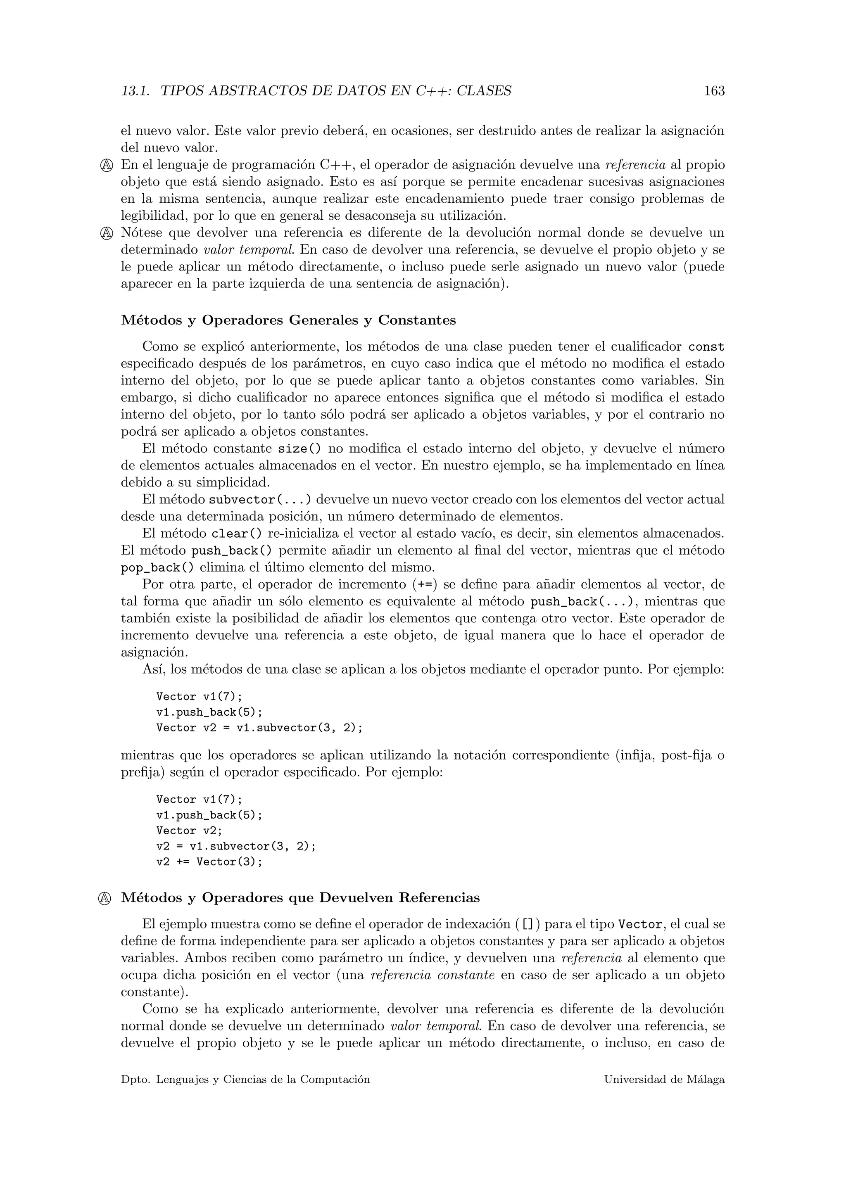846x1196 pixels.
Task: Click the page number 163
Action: (714, 91)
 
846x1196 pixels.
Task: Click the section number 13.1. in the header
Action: (135, 91)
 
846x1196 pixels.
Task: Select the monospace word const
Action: (706, 347)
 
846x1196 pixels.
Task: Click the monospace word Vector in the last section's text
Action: (640, 925)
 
